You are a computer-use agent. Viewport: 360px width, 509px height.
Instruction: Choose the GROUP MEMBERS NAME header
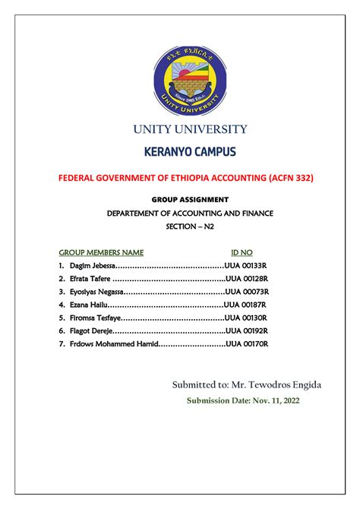tap(101, 251)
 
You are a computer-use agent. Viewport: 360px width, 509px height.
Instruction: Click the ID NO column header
tap(242, 251)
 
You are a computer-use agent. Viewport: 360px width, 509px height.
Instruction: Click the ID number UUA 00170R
tap(248, 344)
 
